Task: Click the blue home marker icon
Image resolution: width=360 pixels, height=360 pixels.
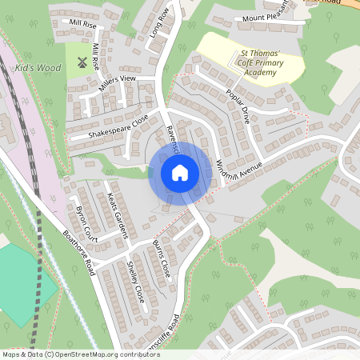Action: pyautogui.click(x=180, y=172)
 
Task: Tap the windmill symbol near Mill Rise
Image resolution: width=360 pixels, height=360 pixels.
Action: pyautogui.click(x=81, y=62)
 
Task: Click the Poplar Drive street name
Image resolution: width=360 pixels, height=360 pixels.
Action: pyautogui.click(x=238, y=105)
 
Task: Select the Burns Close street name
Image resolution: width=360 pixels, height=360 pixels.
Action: pyautogui.click(x=161, y=257)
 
